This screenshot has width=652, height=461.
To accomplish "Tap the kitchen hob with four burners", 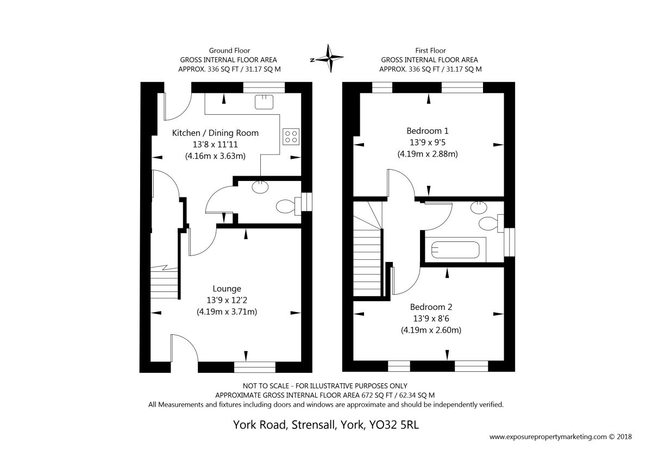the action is (291, 136).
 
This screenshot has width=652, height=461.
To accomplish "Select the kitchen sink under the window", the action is (264, 102).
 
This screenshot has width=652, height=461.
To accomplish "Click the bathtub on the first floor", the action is (455, 250).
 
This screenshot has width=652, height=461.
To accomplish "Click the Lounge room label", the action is (227, 289).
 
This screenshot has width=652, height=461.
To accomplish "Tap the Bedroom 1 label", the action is (427, 131).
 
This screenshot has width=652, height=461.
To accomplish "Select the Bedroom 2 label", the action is (431, 307).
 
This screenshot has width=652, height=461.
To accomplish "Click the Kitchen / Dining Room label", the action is (215, 133).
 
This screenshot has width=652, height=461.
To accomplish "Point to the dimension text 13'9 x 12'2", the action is (227, 300).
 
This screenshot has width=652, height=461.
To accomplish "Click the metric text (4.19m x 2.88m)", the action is (427, 154).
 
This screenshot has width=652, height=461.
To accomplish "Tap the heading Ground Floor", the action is (229, 51).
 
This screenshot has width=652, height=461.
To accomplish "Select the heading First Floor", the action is (430, 51).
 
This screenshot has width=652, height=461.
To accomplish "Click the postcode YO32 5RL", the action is (394, 425).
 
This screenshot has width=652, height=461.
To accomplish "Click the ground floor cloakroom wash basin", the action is (260, 186).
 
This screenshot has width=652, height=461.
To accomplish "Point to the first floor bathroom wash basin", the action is (479, 207).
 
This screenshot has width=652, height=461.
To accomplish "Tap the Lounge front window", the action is (254, 367).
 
